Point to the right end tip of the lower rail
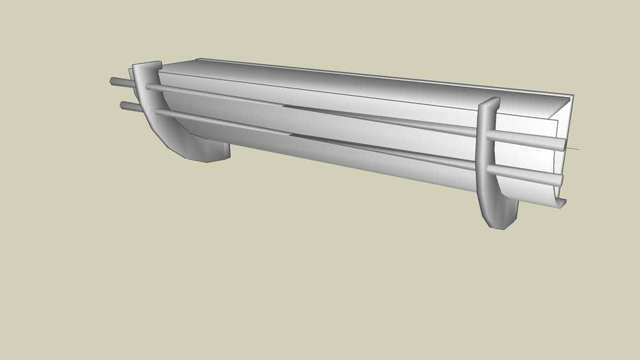click(x=558, y=181)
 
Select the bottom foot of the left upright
click(x=200, y=153)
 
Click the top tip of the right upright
click(x=490, y=103)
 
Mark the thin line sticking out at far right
click(x=573, y=148)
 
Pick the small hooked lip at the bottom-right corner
click(x=561, y=203)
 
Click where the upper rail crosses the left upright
click(x=151, y=88)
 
